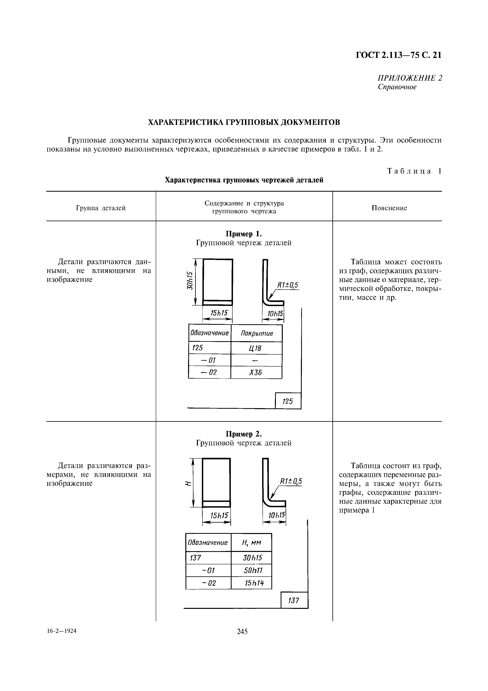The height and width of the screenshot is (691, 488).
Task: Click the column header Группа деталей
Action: click(101, 208)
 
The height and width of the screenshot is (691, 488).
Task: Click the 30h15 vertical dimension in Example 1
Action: click(189, 280)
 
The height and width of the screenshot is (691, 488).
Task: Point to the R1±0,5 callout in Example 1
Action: click(287, 285)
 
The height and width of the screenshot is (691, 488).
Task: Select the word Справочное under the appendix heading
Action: click(397, 87)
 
